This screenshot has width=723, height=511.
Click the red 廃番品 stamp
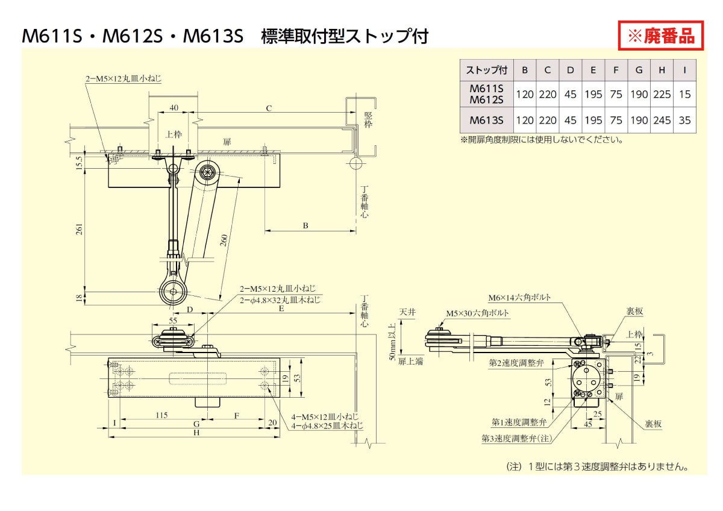(x=661, y=36)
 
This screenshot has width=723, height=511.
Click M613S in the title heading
(x=213, y=36)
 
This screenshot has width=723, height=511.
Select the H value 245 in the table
(x=662, y=120)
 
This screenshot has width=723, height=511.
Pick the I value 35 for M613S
(x=684, y=120)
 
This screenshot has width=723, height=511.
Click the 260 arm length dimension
(x=223, y=239)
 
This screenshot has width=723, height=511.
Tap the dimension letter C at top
(x=269, y=108)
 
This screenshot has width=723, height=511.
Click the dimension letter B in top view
(x=305, y=225)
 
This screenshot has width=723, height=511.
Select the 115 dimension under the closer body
(x=160, y=415)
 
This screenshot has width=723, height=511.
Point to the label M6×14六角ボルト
(x=519, y=298)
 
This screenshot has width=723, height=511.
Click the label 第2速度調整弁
(x=516, y=362)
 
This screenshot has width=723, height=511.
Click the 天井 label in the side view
(x=407, y=313)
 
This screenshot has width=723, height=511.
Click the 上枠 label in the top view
(x=174, y=134)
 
